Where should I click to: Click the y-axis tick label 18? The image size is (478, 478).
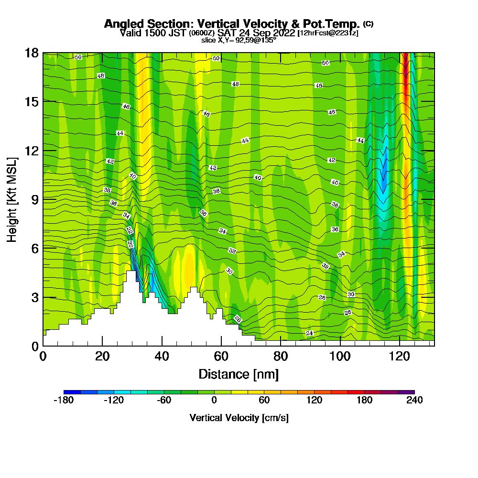click(x=32, y=53)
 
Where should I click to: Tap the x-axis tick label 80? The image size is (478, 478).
click(x=280, y=356)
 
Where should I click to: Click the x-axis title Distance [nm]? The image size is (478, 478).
click(x=239, y=374)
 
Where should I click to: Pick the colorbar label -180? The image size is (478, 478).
click(x=64, y=401)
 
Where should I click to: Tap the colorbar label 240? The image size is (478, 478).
click(x=414, y=401)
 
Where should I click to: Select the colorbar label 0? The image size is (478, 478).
click(x=214, y=401)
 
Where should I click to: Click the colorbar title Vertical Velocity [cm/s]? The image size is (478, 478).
click(x=239, y=418)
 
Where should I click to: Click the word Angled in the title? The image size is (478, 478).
click(x=124, y=24)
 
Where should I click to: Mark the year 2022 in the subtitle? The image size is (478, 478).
click(x=283, y=33)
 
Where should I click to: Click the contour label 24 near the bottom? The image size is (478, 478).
click(x=309, y=333)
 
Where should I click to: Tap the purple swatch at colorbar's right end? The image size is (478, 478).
click(x=410, y=392)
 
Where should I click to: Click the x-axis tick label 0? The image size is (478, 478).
click(x=43, y=356)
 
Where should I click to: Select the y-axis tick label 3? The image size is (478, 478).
click(x=34, y=297)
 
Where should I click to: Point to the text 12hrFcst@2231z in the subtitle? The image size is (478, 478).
click(x=327, y=33)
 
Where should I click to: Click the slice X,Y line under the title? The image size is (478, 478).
click(x=239, y=40)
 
